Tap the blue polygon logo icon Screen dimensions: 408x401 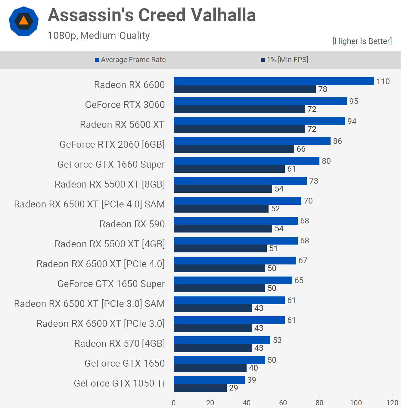coord(24,21)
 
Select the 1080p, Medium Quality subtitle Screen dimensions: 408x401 coord(99,36)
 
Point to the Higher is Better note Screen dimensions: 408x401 coord(362,41)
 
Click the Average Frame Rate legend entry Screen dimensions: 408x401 coord(130,60)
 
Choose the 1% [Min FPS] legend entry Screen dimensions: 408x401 coord(284,60)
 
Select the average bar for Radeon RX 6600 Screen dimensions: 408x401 coord(274,81)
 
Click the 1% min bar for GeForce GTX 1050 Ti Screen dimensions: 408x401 coord(200,388)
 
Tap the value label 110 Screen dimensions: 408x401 coord(383,81)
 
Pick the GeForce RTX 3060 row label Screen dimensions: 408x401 coord(125,105)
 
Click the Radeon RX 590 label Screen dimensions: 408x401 coord(132,224)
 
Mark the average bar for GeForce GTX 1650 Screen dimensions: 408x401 coord(219,360)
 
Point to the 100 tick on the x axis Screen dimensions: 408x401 coord(356,403)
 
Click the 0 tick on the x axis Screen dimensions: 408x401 coord(174,403)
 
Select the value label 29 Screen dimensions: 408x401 coord(234,388)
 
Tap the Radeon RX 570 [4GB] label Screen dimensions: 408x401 coord(120,343)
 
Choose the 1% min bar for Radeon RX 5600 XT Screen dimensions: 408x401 coord(239,129)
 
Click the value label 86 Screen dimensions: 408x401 coord(337,141)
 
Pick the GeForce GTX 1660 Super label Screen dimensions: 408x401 coord(111,164)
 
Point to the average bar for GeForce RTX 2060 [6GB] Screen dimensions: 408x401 coord(252,141)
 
